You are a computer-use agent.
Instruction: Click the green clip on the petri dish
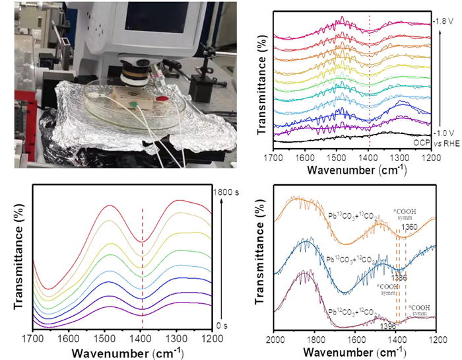(135, 104)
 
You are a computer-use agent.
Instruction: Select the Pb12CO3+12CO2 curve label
(356, 310)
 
